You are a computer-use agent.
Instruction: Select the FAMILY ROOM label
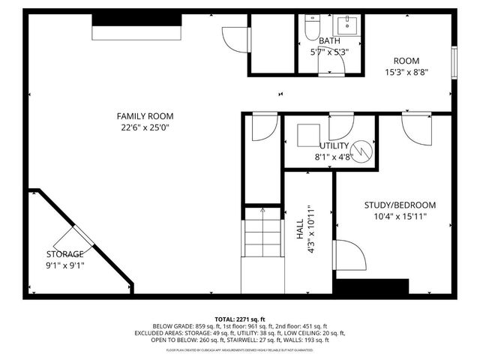pyautogui.click(x=145, y=116)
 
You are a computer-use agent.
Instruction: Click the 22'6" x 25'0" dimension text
pyautogui.click(x=145, y=127)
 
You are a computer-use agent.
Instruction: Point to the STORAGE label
pyautogui.click(x=64, y=254)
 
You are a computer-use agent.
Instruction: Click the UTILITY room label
pyautogui.click(x=334, y=145)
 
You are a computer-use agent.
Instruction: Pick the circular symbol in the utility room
pyautogui.click(x=363, y=150)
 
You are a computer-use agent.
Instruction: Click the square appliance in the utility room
pyautogui.click(x=307, y=136)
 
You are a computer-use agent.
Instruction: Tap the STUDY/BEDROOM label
pyautogui.click(x=400, y=205)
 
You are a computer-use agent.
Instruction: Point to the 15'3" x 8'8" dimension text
pyautogui.click(x=407, y=73)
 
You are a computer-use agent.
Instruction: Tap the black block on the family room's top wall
pyautogui.click(x=136, y=31)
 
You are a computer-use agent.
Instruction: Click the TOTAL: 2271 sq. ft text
pyautogui.click(x=240, y=319)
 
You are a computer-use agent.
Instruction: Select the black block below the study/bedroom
pyautogui.click(x=370, y=287)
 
